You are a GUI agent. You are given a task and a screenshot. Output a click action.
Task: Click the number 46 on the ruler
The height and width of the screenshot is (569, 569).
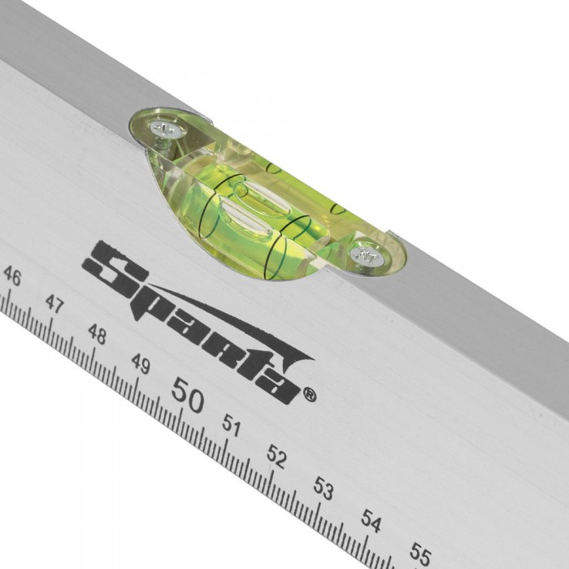pos(13,276)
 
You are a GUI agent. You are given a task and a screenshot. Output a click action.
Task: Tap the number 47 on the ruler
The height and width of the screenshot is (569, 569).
pos(54,304)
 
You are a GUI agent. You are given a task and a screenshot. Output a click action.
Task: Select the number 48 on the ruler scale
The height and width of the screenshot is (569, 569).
pos(98,333)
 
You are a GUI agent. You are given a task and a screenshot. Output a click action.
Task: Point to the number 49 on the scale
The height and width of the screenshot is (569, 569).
pos(141,363)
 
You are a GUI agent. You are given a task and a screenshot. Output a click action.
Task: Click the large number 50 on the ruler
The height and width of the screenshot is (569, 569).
pos(188,395)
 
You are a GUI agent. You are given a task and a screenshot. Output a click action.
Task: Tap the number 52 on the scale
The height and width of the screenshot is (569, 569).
pos(277,457)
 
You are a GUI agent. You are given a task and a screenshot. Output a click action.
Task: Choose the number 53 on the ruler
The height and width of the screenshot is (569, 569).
pos(324,489)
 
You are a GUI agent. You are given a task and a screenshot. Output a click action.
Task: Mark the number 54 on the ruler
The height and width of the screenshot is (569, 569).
pos(371,521)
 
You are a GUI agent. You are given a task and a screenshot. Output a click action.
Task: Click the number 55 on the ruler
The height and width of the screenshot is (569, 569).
pos(420,554)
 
